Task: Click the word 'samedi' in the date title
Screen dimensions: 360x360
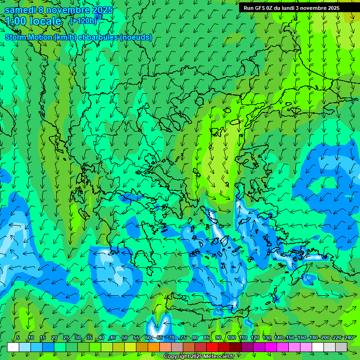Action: click(19, 10)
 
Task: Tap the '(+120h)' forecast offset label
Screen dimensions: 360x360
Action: click(83, 21)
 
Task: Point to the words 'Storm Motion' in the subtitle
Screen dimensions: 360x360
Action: click(29, 37)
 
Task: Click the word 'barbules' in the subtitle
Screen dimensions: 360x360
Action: click(102, 37)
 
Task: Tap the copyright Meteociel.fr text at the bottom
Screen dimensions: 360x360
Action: click(199, 357)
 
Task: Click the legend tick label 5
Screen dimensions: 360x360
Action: click(18, 338)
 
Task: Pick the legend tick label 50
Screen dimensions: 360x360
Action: click(125, 338)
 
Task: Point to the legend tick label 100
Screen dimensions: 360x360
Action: click(232, 338)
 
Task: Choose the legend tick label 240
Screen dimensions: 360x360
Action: click(349, 338)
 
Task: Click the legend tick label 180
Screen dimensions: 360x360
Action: click(314, 338)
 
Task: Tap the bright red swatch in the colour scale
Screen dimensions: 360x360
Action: click(212, 347)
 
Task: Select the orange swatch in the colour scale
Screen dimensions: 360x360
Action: click(154, 347)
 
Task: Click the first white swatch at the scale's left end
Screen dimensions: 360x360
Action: click(13, 347)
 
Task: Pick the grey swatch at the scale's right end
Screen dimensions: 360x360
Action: click(341, 347)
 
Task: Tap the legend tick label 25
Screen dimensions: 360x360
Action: click(66, 338)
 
